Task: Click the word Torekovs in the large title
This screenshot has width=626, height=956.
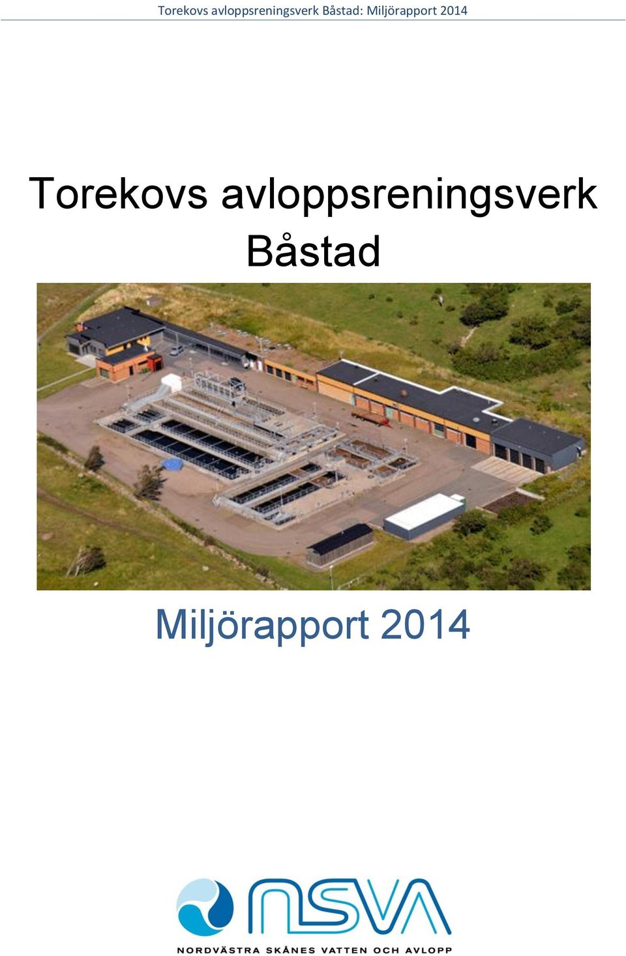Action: tap(118, 194)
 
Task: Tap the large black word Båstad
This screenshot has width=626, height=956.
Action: tap(314, 251)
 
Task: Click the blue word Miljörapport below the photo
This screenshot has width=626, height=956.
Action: tap(262, 626)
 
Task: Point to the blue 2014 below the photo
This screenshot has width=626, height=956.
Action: tap(425, 625)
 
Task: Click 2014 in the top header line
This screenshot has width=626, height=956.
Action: tap(453, 10)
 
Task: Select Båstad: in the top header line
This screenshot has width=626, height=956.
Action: tap(342, 10)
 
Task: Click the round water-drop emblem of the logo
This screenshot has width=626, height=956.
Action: tap(205, 907)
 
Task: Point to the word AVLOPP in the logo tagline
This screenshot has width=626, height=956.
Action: tap(427, 950)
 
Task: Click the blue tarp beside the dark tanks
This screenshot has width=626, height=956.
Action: tap(171, 463)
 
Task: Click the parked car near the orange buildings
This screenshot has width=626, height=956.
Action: tap(176, 350)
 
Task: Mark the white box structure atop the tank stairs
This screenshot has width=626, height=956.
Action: tap(171, 382)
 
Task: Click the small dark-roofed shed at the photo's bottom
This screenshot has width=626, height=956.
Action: tap(340, 545)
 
